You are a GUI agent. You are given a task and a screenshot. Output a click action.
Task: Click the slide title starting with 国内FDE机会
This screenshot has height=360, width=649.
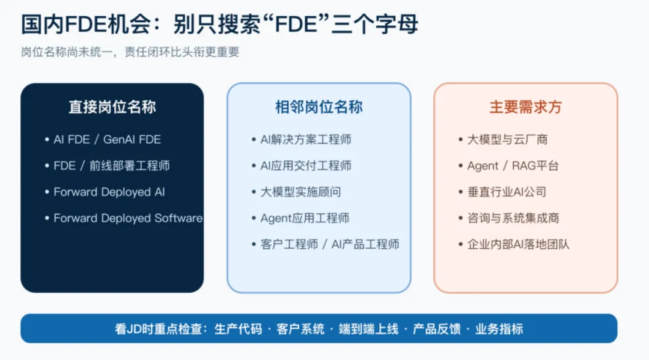pyautogui.click(x=219, y=24)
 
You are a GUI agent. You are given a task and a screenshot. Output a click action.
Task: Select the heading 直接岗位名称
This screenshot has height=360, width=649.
pyautogui.click(x=112, y=107)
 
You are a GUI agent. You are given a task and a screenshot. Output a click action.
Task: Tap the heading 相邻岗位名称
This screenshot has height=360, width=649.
pyautogui.click(x=318, y=107)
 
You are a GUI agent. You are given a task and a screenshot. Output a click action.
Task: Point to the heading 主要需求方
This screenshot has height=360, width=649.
pyautogui.click(x=525, y=107)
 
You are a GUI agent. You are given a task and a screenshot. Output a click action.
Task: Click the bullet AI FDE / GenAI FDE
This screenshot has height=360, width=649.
pyautogui.click(x=107, y=139)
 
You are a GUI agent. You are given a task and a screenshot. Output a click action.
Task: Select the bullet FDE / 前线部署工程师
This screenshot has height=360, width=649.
pyautogui.click(x=112, y=165)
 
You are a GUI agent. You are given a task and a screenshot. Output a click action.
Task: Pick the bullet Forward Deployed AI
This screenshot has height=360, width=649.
pyautogui.click(x=109, y=192)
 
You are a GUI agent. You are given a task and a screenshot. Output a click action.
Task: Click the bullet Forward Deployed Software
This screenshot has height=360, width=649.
pyautogui.click(x=129, y=218)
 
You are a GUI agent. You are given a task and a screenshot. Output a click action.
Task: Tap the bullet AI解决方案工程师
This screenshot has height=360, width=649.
pyautogui.click(x=306, y=139)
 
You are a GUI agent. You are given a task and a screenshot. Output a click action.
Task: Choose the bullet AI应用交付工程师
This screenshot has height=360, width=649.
pyautogui.click(x=306, y=165)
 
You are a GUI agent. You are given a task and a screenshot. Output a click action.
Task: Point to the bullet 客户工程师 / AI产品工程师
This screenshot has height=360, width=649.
pyautogui.click(x=330, y=245)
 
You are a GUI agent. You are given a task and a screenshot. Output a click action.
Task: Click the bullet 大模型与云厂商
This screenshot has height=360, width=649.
pyautogui.click(x=507, y=139)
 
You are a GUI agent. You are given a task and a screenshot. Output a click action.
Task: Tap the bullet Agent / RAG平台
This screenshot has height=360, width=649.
pyautogui.click(x=513, y=165)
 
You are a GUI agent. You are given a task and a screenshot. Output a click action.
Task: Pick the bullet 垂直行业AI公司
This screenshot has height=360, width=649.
pyautogui.click(x=507, y=192)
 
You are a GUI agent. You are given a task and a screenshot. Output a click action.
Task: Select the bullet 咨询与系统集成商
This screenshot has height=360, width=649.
pyautogui.click(x=513, y=218)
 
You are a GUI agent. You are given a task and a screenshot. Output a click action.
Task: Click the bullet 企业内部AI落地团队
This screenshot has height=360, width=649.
pyautogui.click(x=519, y=245)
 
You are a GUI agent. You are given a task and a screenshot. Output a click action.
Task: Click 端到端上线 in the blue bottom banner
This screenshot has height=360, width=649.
pyautogui.click(x=368, y=329)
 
